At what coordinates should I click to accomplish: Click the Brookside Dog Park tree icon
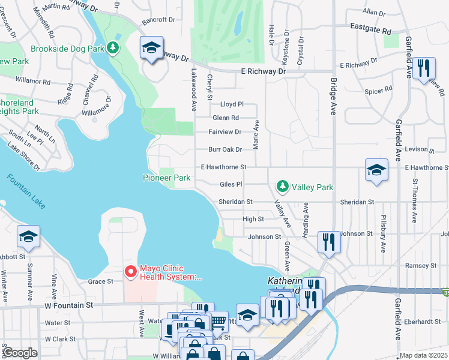113,47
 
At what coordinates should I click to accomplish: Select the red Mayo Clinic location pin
130,272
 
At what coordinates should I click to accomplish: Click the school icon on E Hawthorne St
376,170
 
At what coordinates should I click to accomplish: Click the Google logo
20,352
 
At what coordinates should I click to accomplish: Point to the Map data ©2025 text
423,355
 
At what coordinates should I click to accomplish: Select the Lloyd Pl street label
232,104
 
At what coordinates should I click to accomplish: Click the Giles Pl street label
231,184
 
